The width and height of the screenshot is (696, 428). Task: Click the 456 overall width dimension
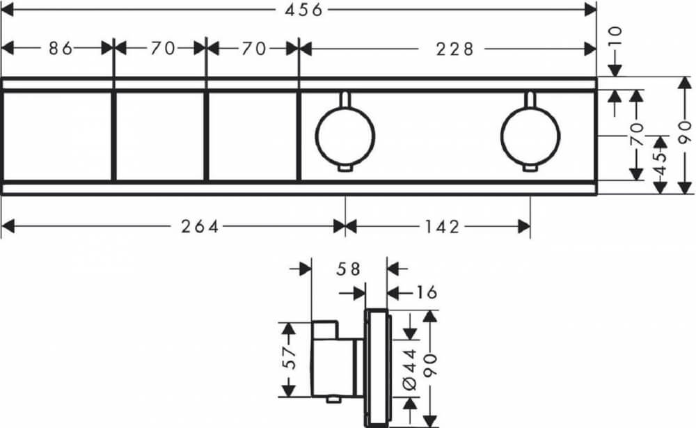pyautogui.click(x=303, y=10)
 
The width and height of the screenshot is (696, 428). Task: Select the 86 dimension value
pyautogui.click(x=61, y=49)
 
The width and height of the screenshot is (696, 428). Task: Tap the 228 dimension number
pyautogui.click(x=455, y=49)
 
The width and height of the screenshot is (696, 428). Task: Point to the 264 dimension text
pyautogui.click(x=200, y=227)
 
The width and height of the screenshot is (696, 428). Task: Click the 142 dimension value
pyautogui.click(x=442, y=227)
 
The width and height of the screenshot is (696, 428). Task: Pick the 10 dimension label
pyautogui.click(x=615, y=37)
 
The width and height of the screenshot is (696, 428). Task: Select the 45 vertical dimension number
pyautogui.click(x=661, y=164)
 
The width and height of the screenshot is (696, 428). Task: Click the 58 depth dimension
pyautogui.click(x=349, y=269)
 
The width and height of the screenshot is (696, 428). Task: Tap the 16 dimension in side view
pyautogui.click(x=426, y=292)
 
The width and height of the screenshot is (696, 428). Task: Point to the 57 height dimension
pyautogui.click(x=289, y=358)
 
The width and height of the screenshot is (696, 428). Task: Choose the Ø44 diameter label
pyautogui.click(x=410, y=370)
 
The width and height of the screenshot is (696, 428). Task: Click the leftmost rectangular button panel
pyautogui.click(x=57, y=136)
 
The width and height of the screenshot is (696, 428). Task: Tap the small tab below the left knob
pyautogui.click(x=345, y=168)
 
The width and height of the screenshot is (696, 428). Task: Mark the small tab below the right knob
pyautogui.click(x=530, y=168)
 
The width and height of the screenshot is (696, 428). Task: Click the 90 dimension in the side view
pyautogui.click(x=430, y=365)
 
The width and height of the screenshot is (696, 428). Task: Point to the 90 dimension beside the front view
pyautogui.click(x=686, y=132)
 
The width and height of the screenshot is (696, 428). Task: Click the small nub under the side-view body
pyautogui.click(x=331, y=399)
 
